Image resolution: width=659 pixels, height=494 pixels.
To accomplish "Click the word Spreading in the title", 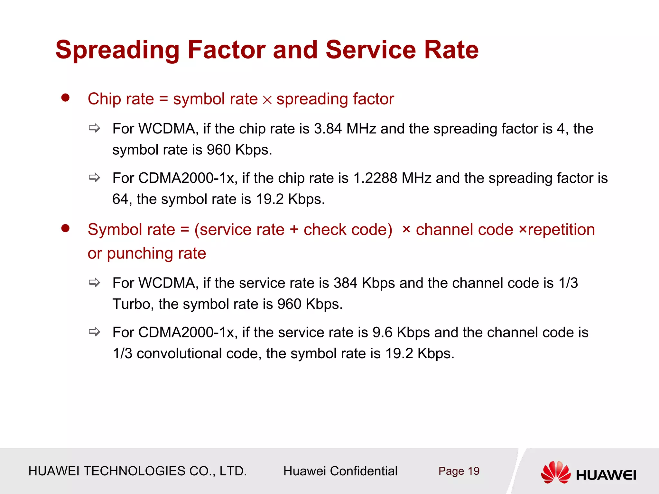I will [x=117, y=50].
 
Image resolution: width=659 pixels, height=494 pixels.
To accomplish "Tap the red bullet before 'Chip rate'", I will [x=65, y=98].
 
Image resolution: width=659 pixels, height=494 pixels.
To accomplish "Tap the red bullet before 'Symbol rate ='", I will [x=65, y=228].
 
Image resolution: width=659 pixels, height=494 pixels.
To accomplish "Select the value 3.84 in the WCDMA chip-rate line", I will [x=328, y=129].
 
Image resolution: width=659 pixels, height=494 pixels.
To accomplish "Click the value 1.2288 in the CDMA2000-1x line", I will [x=375, y=178].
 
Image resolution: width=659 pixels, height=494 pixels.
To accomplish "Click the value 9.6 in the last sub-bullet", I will [x=382, y=333].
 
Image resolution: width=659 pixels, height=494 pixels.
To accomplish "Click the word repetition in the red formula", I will [x=561, y=230].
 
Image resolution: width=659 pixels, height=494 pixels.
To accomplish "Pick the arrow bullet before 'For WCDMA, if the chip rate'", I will [x=95, y=128].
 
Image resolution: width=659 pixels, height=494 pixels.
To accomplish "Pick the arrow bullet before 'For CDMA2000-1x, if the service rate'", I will [x=95, y=332].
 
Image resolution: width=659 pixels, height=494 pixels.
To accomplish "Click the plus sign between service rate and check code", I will [x=294, y=230].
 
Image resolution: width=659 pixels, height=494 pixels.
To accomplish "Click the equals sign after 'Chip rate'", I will [x=163, y=99].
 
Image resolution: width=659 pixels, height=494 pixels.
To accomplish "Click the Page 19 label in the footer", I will [x=459, y=471].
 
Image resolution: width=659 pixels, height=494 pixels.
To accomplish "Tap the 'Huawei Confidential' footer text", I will [x=340, y=471].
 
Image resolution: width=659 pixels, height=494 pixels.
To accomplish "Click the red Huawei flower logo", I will [x=555, y=472].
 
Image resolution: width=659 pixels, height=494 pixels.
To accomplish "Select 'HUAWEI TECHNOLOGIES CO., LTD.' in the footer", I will [x=137, y=471].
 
